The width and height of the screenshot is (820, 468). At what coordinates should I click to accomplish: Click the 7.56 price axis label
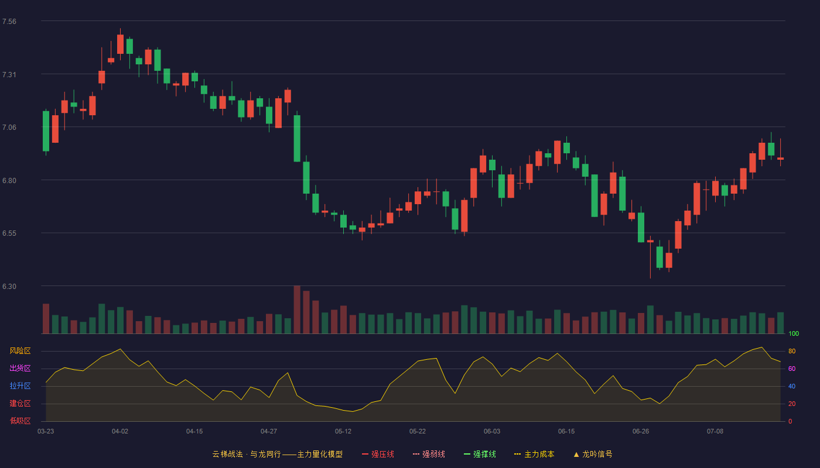click(x=9, y=22)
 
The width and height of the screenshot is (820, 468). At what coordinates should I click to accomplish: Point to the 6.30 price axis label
click(x=9, y=287)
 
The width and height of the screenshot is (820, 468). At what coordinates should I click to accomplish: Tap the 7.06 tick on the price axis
click(x=9, y=128)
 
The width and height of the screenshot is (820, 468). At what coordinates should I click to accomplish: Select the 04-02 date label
click(x=120, y=432)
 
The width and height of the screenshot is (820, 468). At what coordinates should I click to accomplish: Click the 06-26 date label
click(x=641, y=432)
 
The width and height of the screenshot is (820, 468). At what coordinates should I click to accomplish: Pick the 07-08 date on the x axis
click(x=715, y=432)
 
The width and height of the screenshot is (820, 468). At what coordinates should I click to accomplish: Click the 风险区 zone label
click(x=20, y=351)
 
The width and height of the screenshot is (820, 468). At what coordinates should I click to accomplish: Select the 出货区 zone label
click(x=20, y=368)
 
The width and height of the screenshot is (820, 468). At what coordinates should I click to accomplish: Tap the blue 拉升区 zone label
click(x=20, y=386)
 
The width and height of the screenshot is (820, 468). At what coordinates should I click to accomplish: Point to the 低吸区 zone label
click(x=20, y=421)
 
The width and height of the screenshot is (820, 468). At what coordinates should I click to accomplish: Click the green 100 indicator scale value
click(x=794, y=333)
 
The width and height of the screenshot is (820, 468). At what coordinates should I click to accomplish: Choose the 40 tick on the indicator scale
click(x=792, y=386)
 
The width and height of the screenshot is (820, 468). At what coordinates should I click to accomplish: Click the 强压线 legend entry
click(x=378, y=454)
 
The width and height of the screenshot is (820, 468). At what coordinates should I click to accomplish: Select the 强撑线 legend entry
click(x=480, y=454)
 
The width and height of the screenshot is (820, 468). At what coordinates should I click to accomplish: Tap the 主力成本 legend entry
click(x=534, y=454)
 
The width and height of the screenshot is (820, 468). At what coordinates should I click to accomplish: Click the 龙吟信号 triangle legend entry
click(x=593, y=454)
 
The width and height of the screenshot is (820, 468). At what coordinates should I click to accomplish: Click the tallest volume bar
click(x=297, y=309)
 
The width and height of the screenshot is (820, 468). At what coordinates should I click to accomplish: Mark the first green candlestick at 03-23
click(x=46, y=131)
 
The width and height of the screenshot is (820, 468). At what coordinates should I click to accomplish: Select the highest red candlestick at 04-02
click(x=120, y=44)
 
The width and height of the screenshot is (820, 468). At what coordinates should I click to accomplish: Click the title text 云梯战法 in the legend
click(x=227, y=454)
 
